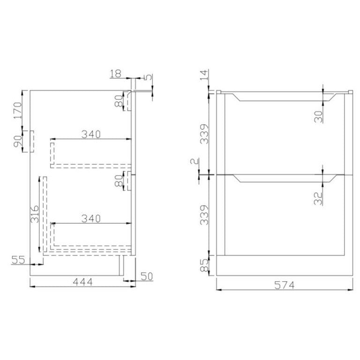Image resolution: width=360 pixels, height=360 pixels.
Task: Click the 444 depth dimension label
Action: [x=82, y=282]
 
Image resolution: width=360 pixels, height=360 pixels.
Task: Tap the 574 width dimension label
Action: [x=284, y=285]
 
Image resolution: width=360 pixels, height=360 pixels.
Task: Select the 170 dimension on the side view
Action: [x=17, y=111]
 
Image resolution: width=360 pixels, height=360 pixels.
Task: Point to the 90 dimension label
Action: [x=17, y=141]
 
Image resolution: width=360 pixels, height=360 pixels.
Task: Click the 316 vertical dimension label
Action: [x=35, y=214]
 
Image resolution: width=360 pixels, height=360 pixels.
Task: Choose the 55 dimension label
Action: [x=18, y=260]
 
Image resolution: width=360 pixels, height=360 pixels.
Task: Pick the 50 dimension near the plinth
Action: [x=146, y=276]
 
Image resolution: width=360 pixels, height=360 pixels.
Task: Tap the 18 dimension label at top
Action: [x=115, y=74]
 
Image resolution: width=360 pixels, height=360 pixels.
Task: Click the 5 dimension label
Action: [x=149, y=77]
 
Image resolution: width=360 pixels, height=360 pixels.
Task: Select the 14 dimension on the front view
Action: [x=204, y=75]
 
